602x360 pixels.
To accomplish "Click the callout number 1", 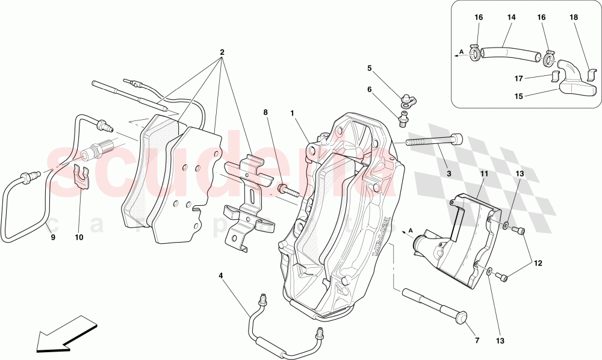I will pos(291,113).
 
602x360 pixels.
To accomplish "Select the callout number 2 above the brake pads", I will pos(222,52).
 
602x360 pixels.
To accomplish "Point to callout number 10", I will pos(79,237).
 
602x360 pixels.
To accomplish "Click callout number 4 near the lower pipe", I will pos(220,276).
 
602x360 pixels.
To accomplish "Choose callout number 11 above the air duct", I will pos(483,174).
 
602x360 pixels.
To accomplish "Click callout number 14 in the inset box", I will pos(511,18).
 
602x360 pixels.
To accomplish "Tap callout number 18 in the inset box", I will pos(573,18).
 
